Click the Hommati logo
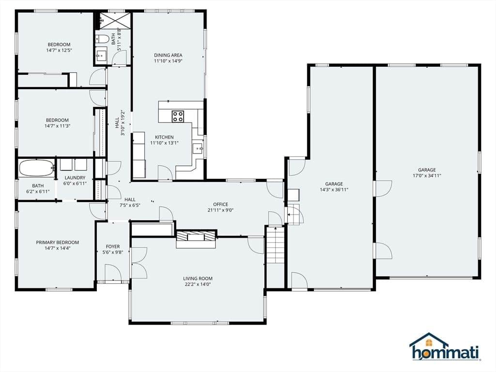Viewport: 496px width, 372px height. pyautogui.click(x=445, y=347)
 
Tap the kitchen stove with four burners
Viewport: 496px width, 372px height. pyautogui.click(x=178, y=116)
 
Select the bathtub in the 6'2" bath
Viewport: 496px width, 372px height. pyautogui.click(x=37, y=168)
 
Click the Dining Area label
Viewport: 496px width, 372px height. pyautogui.click(x=168, y=55)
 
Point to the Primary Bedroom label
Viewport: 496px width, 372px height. pyautogui.click(x=58, y=242)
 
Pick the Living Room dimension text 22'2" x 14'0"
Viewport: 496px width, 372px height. pyautogui.click(x=198, y=284)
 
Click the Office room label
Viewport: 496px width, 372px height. pyautogui.click(x=220, y=204)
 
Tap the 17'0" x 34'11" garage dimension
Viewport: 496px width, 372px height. pyautogui.click(x=427, y=175)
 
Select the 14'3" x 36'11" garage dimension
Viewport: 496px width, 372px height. pyautogui.click(x=334, y=190)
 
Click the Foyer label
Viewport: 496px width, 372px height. pyautogui.click(x=113, y=247)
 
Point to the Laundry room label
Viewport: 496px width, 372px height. pyautogui.click(x=75, y=178)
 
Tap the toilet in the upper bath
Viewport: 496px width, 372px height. pyautogui.click(x=103, y=39)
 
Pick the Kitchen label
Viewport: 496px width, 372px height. pyautogui.click(x=164, y=137)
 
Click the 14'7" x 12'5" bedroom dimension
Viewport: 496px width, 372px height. pyautogui.click(x=59, y=50)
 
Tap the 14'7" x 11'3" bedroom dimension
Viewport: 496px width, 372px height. pyautogui.click(x=58, y=126)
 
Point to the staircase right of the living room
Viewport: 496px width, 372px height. pyautogui.click(x=276, y=245)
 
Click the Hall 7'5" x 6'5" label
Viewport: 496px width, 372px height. pyautogui.click(x=130, y=202)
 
